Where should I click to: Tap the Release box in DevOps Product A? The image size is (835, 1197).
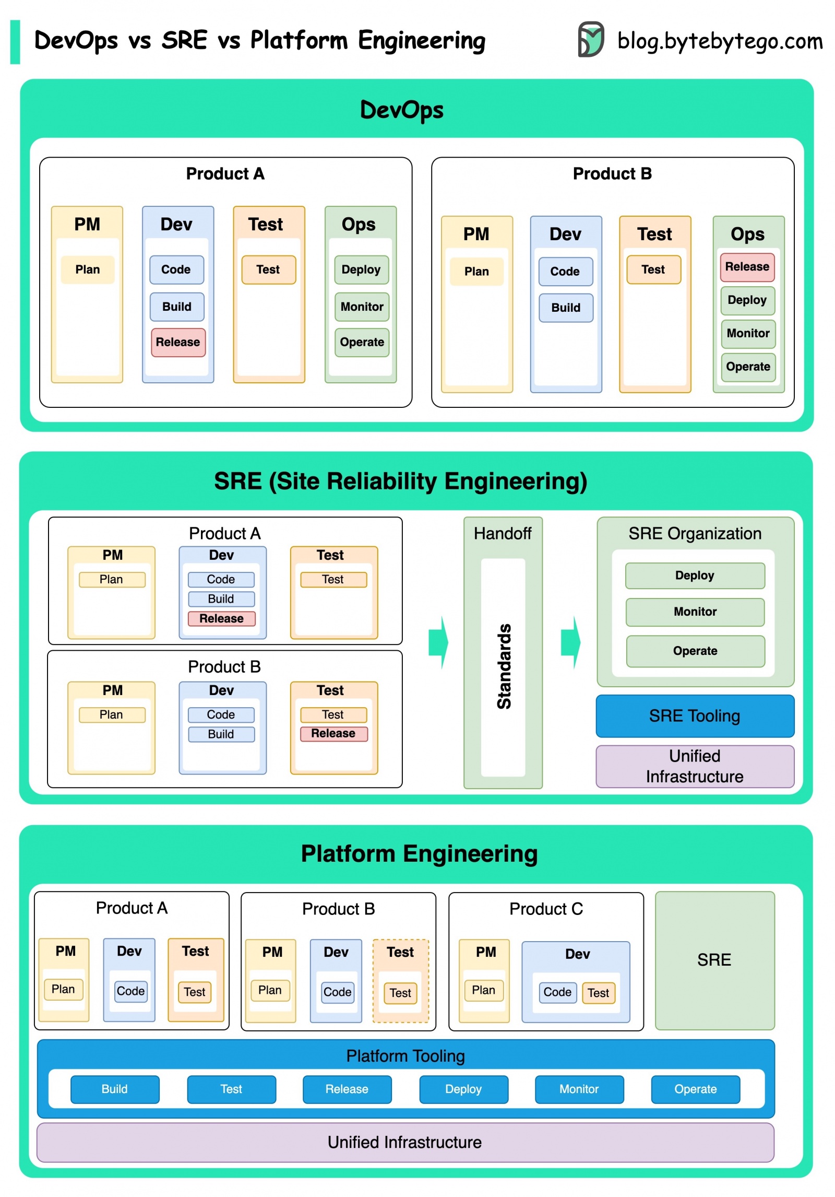tap(178, 342)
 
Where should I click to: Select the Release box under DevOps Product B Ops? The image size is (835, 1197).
tap(747, 267)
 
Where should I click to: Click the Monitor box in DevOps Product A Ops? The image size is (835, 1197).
tap(362, 307)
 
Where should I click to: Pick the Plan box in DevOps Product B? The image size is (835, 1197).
tap(476, 272)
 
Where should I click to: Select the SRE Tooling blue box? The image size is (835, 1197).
tap(695, 715)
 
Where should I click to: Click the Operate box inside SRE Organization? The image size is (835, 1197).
tap(695, 651)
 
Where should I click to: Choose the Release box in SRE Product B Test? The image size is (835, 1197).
tap(333, 733)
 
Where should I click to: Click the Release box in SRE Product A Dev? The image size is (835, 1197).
tap(221, 618)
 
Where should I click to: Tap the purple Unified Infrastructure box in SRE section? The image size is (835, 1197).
tap(695, 766)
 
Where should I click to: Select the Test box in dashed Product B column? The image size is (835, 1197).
tap(400, 993)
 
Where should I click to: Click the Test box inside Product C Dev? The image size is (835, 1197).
tap(598, 993)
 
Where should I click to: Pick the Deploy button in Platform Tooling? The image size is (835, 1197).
tap(463, 1089)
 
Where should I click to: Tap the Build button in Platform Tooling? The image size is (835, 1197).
tap(115, 1089)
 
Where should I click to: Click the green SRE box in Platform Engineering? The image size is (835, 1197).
tap(714, 960)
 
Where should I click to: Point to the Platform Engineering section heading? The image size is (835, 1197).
tap(419, 854)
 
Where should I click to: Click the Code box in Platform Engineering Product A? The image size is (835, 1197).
tap(130, 991)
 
